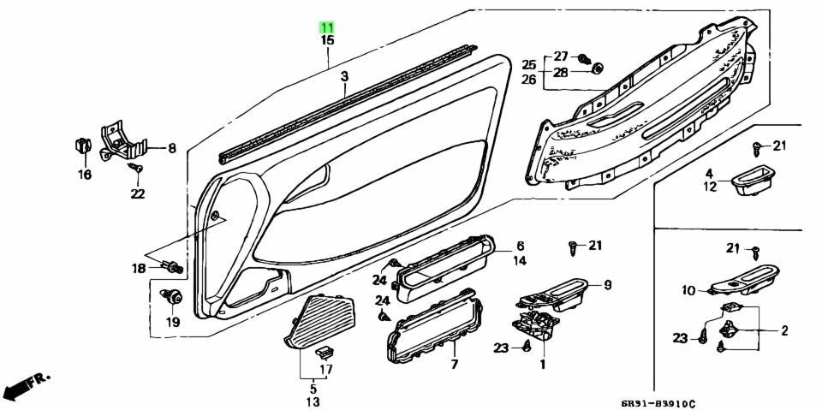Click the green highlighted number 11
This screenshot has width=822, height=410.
(327, 27)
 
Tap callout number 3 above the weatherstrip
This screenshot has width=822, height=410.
(344, 77)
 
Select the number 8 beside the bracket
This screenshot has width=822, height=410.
(172, 148)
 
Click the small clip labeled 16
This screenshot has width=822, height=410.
(80, 146)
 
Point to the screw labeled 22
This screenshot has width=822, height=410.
(136, 169)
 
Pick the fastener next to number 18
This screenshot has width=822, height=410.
(172, 267)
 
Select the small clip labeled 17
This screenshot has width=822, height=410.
(324, 351)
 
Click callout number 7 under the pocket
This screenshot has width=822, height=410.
(455, 363)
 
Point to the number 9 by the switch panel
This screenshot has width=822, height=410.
(607, 285)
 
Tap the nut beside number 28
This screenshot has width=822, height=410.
(597, 69)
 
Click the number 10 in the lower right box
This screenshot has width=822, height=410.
(688, 290)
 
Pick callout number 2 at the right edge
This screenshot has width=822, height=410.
(784, 330)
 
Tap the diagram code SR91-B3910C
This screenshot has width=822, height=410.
(658, 403)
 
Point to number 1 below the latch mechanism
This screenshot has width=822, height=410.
(543, 363)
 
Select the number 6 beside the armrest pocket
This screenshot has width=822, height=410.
(520, 246)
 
